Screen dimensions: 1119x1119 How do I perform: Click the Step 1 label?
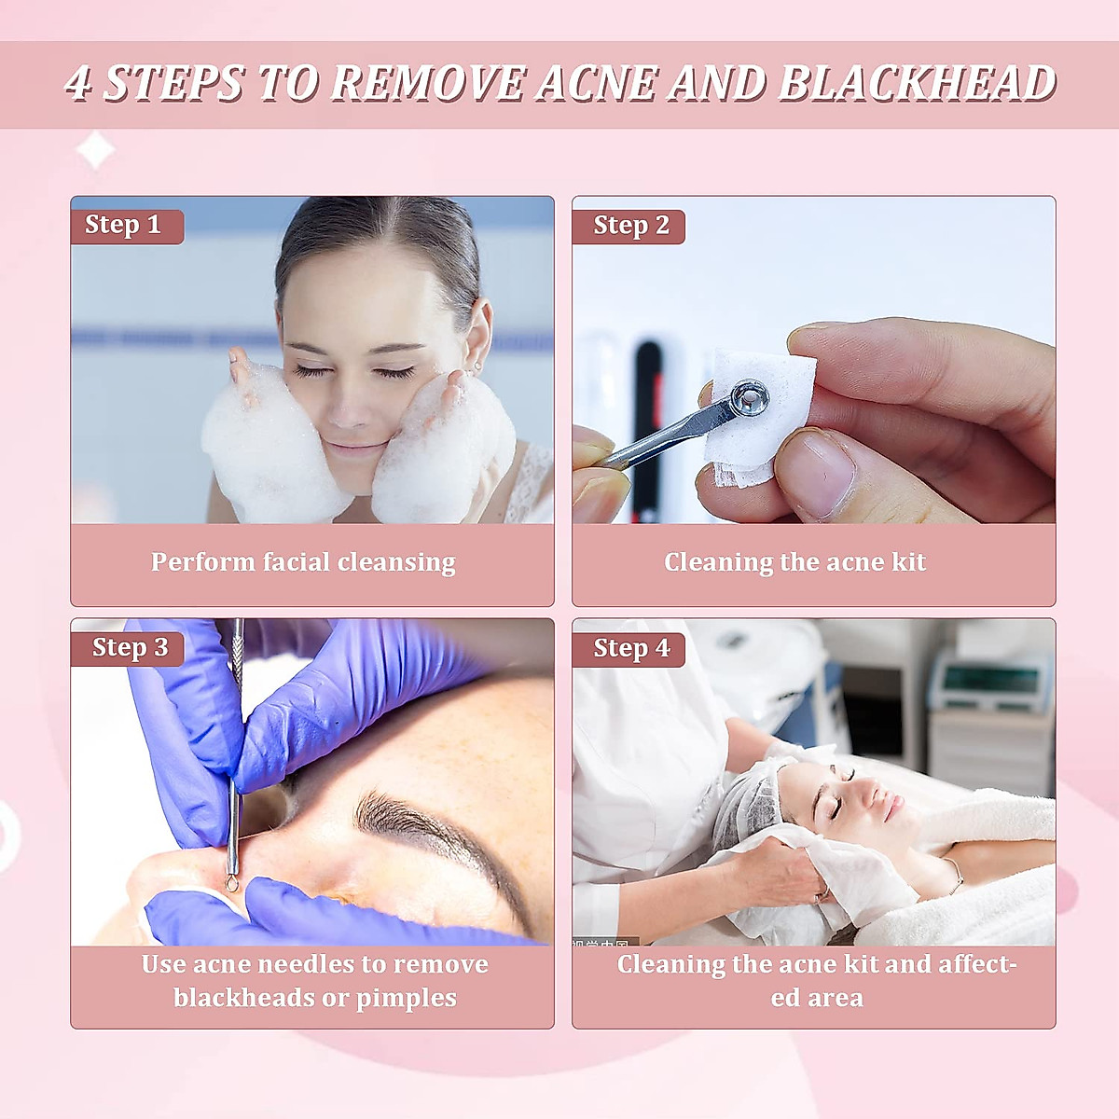[123, 226]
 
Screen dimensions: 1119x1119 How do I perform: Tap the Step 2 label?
[631, 226]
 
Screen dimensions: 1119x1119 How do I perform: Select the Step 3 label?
[130, 648]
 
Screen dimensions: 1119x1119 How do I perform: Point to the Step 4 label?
[631, 648]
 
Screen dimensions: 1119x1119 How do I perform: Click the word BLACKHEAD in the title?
[916, 84]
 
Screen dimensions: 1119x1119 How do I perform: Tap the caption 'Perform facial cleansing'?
[303, 562]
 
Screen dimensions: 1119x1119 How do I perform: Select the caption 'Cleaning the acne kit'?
[794, 562]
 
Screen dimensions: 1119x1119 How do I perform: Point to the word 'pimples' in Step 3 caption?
[407, 998]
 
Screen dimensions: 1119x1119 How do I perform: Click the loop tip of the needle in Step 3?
[230, 877]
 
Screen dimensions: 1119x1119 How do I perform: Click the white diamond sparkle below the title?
[95, 149]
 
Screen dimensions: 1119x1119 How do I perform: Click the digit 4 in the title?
[78, 84]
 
